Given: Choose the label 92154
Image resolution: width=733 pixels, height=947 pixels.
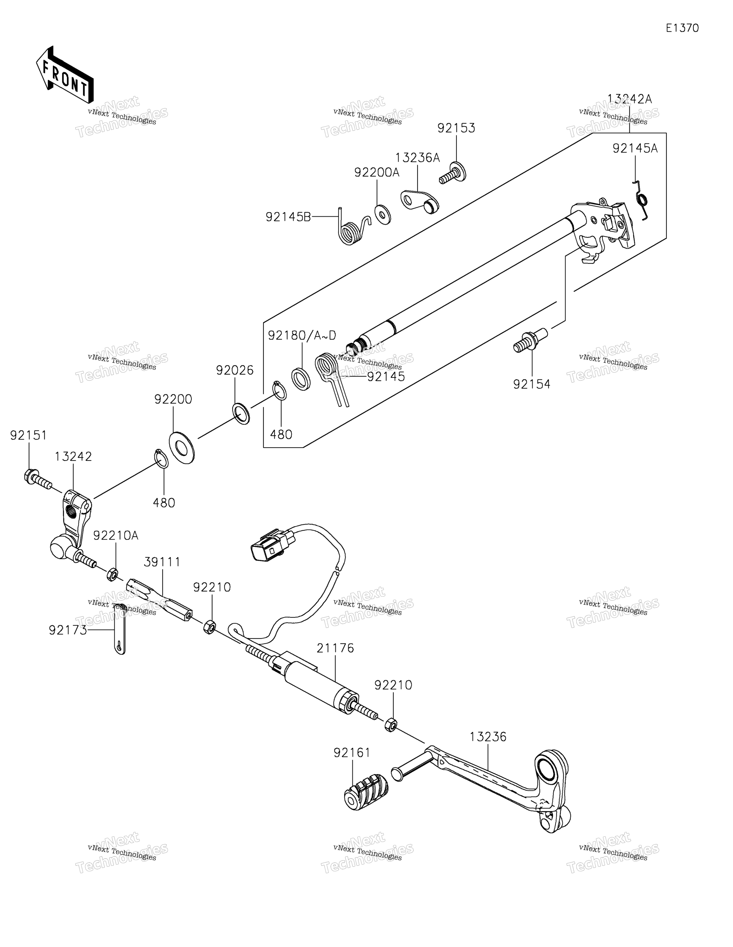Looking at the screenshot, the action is point(532,384).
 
